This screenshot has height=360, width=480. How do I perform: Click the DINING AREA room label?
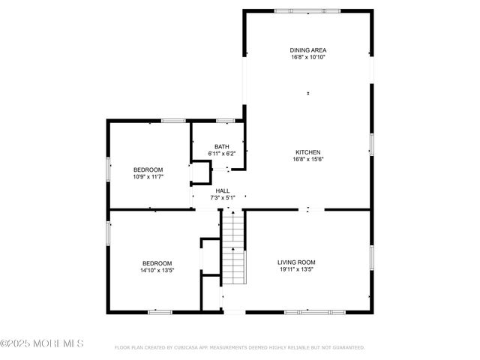[308, 50]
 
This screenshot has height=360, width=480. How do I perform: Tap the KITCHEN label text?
[308, 151]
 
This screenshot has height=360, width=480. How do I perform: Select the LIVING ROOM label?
[298, 262]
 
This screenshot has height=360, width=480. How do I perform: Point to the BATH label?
[221, 146]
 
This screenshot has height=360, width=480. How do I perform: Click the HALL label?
[223, 191]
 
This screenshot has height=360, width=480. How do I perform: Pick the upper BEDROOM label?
[148, 169]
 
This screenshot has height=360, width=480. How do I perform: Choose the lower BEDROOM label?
[157, 262]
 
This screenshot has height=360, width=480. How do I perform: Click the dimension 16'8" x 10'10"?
[308, 57]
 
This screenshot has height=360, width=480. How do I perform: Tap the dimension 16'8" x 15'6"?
[308, 158]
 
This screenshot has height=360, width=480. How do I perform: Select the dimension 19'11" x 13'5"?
[298, 268]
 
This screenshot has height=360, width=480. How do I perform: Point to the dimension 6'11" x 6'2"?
[221, 153]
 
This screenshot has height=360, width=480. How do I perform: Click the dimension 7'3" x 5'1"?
[223, 198]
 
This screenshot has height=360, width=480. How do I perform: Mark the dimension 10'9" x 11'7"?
[148, 176]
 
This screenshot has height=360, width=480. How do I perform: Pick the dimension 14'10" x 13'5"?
[157, 269]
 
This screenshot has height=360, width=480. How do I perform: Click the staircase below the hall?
[234, 247]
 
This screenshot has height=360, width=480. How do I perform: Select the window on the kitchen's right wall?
[371, 145]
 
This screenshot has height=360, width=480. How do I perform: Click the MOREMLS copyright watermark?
[42, 343]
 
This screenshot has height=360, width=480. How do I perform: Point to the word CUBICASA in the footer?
[195, 347]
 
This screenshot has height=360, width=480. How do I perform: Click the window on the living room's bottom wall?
[314, 311]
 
